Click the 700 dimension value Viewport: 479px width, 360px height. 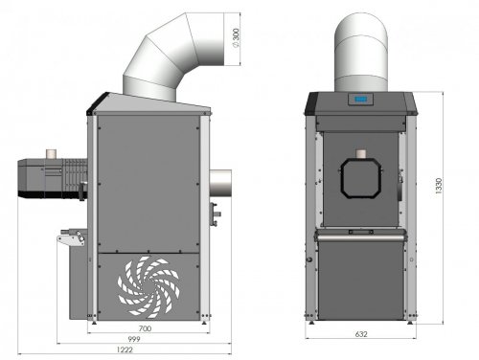[147, 326]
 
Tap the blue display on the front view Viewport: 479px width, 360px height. [361, 99]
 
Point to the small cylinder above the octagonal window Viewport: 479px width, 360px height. [361, 153]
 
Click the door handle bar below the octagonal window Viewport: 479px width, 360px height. [362, 231]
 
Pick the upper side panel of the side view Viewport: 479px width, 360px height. [148, 182]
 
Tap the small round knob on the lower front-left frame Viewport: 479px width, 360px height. [309, 260]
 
